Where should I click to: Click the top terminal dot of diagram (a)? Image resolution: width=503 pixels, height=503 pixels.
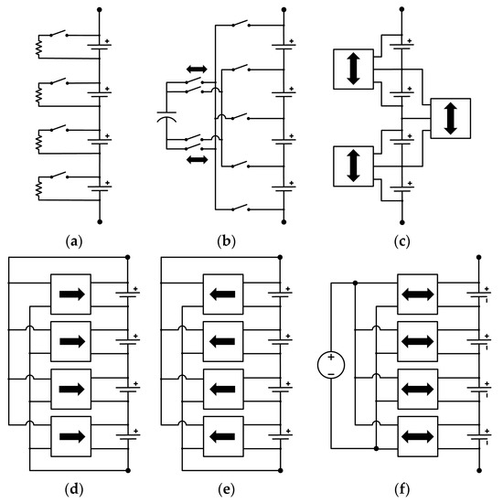98,6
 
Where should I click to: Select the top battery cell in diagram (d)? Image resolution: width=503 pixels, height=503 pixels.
126,294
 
